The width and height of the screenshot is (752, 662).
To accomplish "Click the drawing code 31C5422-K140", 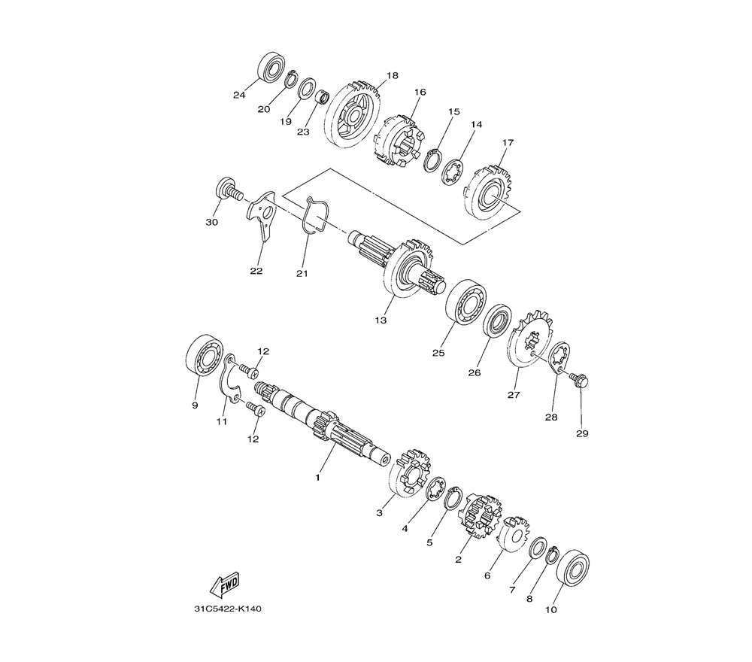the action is point(228,609).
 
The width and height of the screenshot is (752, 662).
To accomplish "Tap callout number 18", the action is point(393,75).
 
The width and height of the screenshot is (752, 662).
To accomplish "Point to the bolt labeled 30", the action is point(228,190).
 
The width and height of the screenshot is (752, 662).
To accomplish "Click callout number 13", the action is point(381,320).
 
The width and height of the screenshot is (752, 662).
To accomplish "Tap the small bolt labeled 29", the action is point(578,379).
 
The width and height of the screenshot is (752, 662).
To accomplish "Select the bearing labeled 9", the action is point(205,355).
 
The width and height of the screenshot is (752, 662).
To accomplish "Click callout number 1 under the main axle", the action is point(317,478).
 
